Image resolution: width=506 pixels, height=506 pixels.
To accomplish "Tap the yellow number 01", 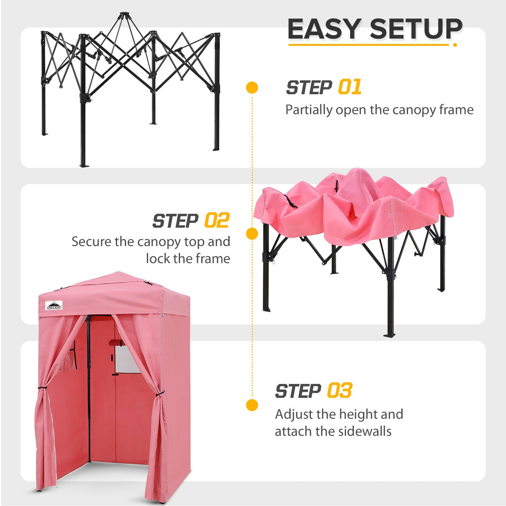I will point(349,88).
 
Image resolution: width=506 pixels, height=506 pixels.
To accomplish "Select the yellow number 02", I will point(217,220).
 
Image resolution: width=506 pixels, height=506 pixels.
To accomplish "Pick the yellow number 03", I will point(339,391).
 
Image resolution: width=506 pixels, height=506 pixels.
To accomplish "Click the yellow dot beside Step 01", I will point(252,88).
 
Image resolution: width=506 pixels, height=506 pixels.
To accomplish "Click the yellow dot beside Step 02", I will point(252,234).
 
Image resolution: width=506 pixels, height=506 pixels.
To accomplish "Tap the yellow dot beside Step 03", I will point(252,405).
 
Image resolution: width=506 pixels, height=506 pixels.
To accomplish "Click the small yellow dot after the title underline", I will point(455,45).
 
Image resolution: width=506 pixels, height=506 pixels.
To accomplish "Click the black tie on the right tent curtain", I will point(159,394).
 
